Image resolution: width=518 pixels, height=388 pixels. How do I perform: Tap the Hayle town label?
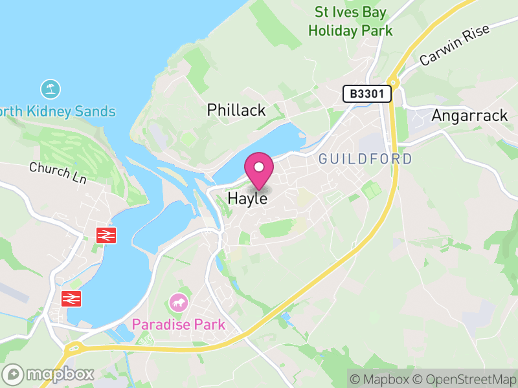[247, 199]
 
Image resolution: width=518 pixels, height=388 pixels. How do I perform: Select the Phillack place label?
[236, 110]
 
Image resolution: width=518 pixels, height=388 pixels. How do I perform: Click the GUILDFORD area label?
[365, 159]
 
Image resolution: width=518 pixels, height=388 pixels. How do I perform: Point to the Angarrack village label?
[469, 115]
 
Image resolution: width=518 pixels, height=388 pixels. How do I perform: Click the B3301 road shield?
[368, 94]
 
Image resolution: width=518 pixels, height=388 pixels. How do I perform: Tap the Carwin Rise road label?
[455, 47]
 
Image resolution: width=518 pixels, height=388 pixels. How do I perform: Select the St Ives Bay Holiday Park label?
[350, 21]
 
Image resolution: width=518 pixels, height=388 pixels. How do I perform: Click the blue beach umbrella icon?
[50, 89]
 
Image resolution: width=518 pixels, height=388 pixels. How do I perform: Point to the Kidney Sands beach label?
[58, 111]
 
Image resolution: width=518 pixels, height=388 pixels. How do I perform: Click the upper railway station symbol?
[104, 235]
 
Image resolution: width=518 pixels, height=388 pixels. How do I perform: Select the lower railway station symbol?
[70, 298]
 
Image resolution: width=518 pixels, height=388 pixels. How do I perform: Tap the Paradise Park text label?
[179, 324]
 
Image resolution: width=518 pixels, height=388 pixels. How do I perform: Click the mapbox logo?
[49, 374]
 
